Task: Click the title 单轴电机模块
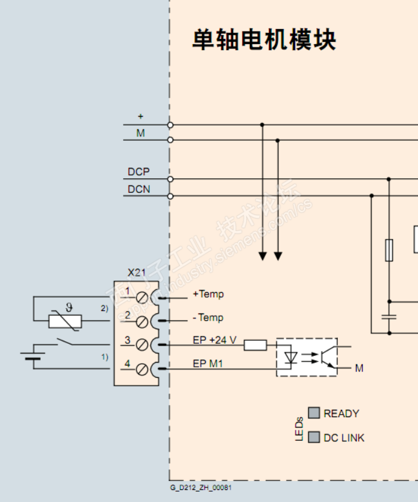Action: click(x=264, y=40)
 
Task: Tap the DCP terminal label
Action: click(x=138, y=172)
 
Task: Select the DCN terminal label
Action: click(x=138, y=190)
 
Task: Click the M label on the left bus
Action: click(x=140, y=133)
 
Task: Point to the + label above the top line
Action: click(x=141, y=116)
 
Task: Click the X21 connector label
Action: click(x=137, y=273)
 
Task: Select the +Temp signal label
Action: click(x=208, y=294)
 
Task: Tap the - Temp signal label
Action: click(x=208, y=318)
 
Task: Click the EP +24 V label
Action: click(x=215, y=340)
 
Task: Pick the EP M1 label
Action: click(x=207, y=364)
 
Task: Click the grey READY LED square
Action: click(x=314, y=413)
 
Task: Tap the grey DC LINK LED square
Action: click(x=314, y=437)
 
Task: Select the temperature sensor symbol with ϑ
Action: click(x=65, y=321)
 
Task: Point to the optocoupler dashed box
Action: click(x=306, y=357)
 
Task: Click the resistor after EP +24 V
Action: click(x=255, y=345)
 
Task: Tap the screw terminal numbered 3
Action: click(x=143, y=345)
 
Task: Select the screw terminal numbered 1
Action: click(x=143, y=298)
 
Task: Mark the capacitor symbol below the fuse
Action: click(x=389, y=316)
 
